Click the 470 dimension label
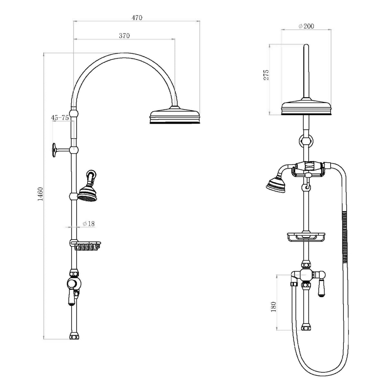(x=137, y=18)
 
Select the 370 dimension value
(x=124, y=36)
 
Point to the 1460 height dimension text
(x=40, y=194)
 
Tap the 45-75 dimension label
(x=60, y=118)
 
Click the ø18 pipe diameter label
(x=89, y=223)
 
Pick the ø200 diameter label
(x=306, y=26)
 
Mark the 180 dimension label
(x=274, y=307)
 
